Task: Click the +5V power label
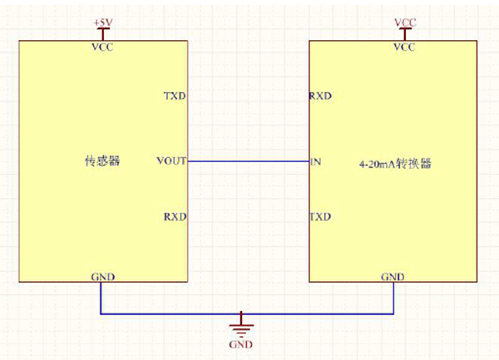102,20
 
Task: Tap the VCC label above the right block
403,20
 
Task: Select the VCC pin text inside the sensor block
102,47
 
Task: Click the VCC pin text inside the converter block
403,47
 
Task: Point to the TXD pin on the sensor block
175,96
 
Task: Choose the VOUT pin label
170,160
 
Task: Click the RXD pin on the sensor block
175,217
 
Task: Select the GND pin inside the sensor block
102,276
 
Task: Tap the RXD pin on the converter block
320,96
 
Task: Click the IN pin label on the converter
315,160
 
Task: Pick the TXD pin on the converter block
320,217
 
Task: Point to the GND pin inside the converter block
393,276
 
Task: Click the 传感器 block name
102,161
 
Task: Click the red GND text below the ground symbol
241,344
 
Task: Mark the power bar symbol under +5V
102,32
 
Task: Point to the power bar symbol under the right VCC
403,32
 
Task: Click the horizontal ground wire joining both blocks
166,314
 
